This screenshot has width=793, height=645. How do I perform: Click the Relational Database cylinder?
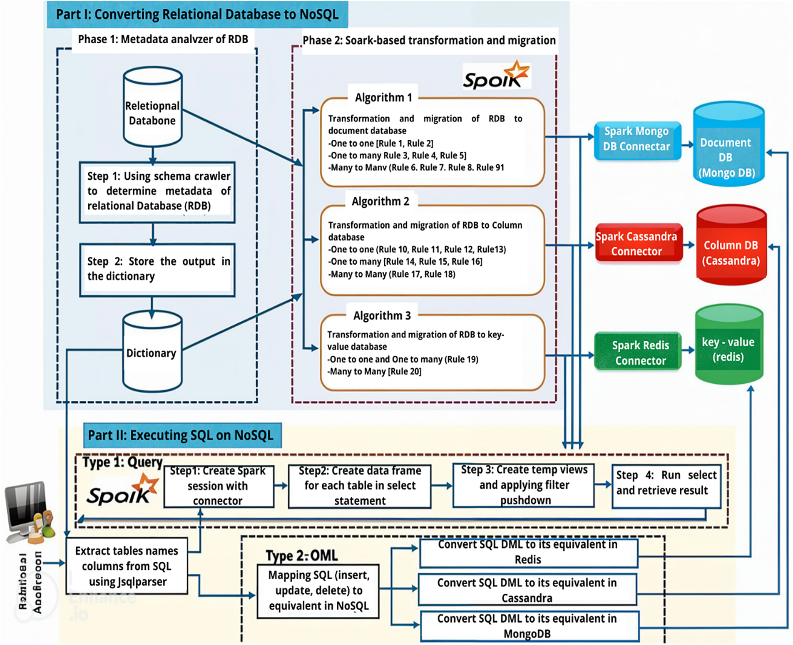152,110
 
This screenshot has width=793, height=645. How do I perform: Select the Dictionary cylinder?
152,353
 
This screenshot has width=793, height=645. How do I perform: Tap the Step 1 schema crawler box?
157,192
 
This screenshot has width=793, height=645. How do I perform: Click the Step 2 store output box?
157,269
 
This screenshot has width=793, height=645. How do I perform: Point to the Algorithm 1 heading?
383,97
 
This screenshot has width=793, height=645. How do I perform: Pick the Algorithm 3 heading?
382,316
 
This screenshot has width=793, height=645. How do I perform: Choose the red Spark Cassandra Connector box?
638,244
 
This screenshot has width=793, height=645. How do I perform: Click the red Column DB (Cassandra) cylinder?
731,246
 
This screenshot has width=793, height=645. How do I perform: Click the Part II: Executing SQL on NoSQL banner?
182,435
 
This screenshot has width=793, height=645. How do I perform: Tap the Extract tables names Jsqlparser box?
127,566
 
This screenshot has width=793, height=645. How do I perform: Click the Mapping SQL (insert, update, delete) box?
318,591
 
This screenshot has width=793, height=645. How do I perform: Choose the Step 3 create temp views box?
524,485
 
